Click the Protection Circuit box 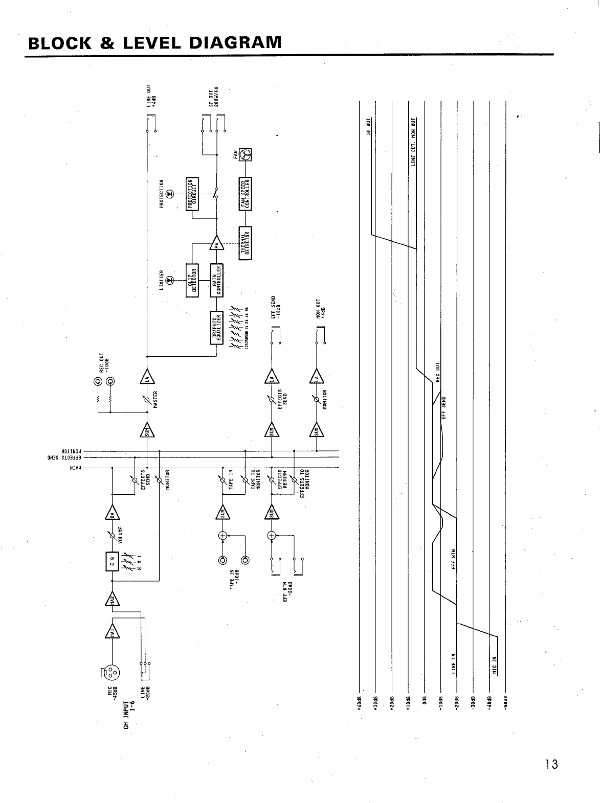(193, 193)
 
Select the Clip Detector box (193, 281)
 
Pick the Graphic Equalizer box (217, 327)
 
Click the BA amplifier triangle (112, 513)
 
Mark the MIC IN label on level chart (494, 666)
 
